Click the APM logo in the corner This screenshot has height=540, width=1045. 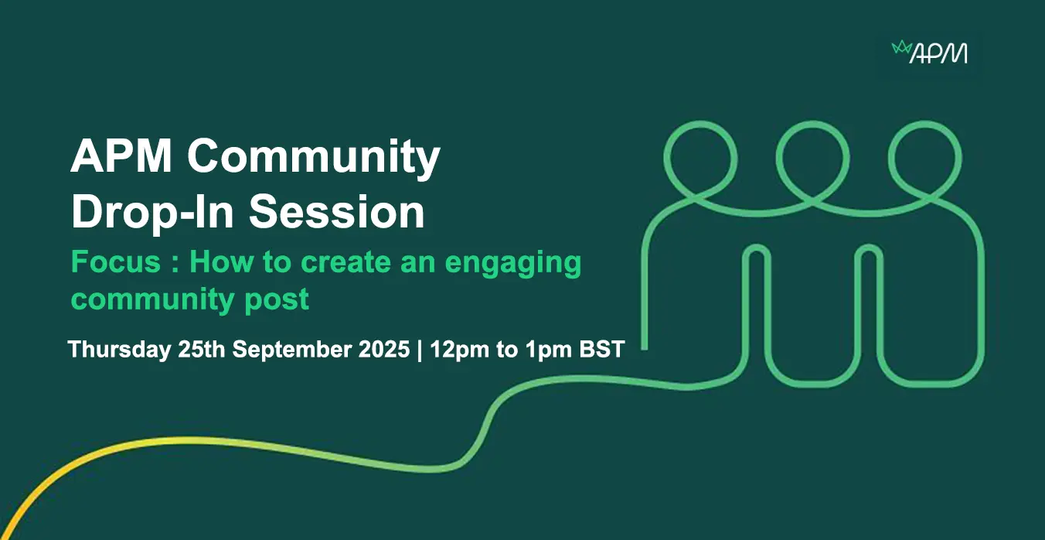click(929, 52)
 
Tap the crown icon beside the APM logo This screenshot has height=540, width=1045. click(901, 48)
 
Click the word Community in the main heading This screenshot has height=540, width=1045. click(314, 156)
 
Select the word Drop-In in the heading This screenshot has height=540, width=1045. click(152, 212)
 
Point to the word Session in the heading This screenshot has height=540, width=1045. click(336, 212)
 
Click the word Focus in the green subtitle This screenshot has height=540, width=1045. click(116, 261)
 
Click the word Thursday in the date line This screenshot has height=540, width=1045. click(120, 350)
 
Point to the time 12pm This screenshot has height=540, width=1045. click(460, 350)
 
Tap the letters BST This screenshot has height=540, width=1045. click(602, 350)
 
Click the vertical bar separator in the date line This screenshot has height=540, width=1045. click(420, 350)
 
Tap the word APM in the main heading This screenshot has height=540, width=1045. click(121, 156)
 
